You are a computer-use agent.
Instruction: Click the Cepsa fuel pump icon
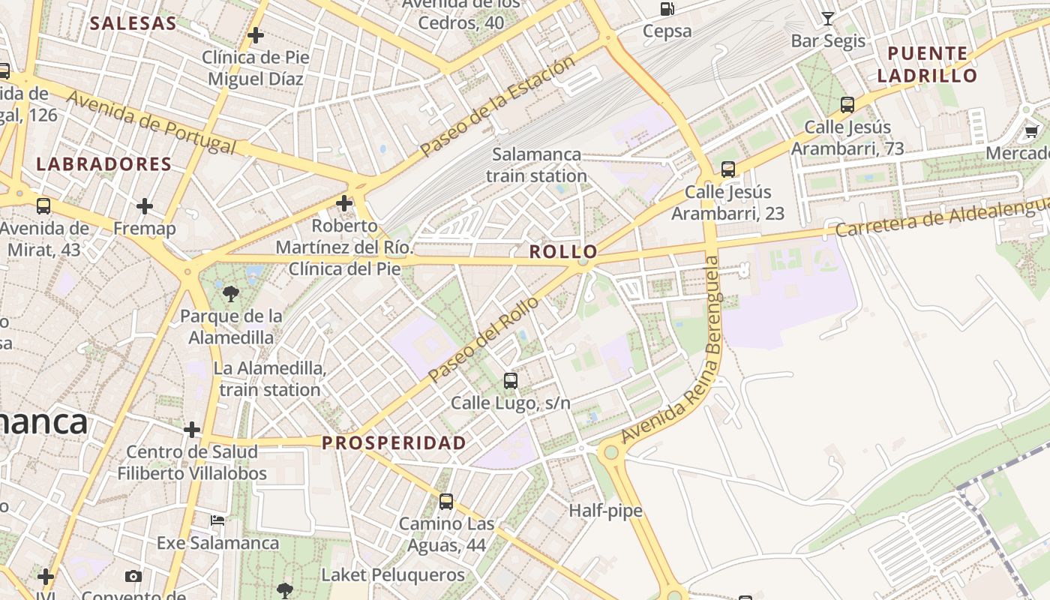[x=667, y=9]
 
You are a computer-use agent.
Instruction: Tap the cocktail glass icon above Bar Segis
[x=828, y=18]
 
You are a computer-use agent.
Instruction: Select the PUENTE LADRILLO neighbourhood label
[x=927, y=64]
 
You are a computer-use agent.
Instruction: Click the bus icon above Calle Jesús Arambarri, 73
[x=847, y=105]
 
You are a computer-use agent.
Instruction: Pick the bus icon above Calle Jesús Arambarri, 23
[x=727, y=169]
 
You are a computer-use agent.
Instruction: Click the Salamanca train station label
[x=536, y=165]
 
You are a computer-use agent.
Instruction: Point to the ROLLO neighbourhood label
[x=563, y=252]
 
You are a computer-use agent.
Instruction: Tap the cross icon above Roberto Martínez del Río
[x=344, y=203]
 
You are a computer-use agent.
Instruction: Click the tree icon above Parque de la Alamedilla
[x=231, y=293]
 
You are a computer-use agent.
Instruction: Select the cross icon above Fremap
[x=145, y=205]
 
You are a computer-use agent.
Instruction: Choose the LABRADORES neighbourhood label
[x=104, y=164]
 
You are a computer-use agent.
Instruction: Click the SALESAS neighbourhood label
[x=133, y=23]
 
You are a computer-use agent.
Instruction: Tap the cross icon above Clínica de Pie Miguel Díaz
[x=256, y=34]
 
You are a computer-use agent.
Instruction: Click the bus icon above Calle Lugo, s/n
[x=511, y=380]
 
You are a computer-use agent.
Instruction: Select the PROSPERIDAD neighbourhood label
[x=394, y=443]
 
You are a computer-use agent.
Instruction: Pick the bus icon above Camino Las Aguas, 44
[x=446, y=501]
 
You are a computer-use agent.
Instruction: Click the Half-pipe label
[x=605, y=511]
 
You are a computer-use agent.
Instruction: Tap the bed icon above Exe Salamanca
[x=217, y=520]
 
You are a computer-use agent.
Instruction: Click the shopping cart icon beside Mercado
[x=1032, y=132]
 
